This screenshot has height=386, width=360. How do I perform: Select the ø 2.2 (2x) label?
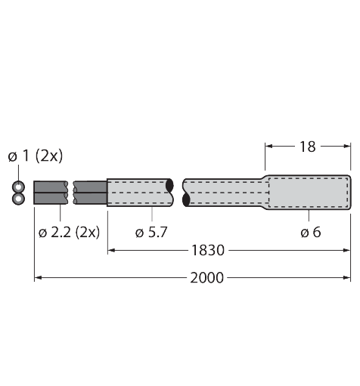click(x=69, y=232)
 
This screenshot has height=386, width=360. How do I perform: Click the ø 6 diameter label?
click(x=310, y=232)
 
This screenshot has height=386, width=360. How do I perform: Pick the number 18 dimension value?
click(x=308, y=147)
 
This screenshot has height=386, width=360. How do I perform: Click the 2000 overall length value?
click(x=206, y=278)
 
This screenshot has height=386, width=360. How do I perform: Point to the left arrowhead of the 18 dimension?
click(x=268, y=147)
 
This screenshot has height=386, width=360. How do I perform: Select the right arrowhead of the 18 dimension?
click(x=346, y=147)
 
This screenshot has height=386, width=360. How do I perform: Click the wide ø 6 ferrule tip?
click(x=310, y=192)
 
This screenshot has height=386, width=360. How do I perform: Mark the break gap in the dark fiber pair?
click(x=71, y=193)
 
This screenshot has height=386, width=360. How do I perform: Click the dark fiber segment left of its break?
click(x=51, y=193)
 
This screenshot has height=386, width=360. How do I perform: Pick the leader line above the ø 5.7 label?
click(x=152, y=215)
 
